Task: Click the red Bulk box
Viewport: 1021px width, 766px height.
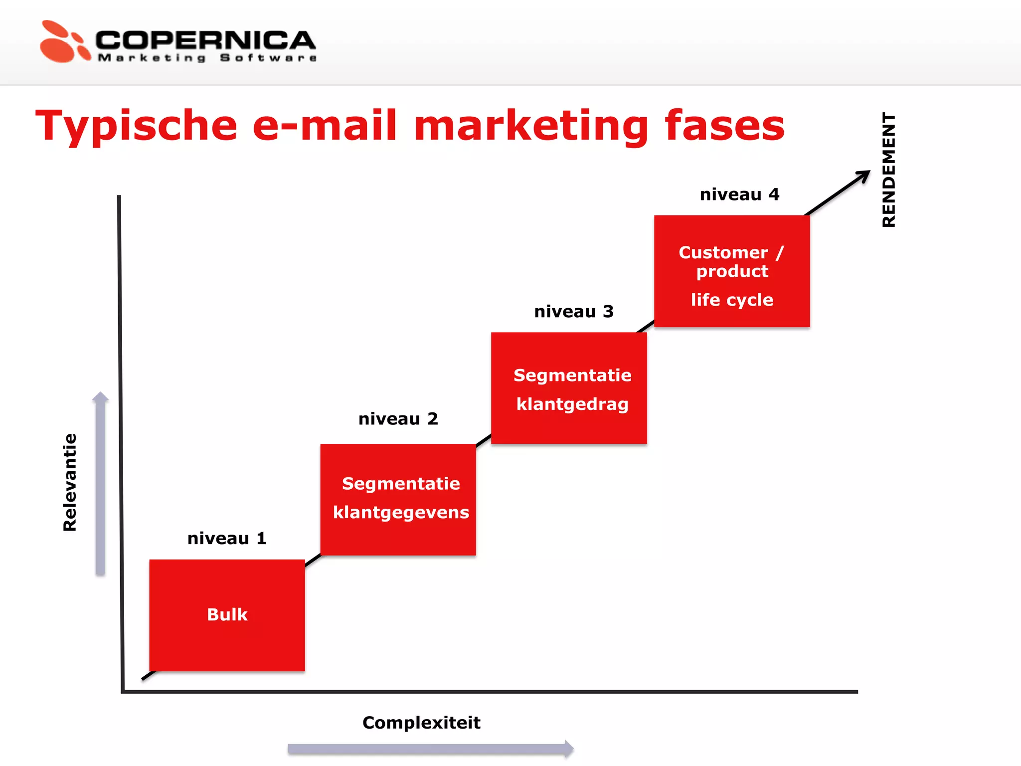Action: click(x=227, y=615)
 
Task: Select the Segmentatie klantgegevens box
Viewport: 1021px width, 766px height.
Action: click(x=398, y=499)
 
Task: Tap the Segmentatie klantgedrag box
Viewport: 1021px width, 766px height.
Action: click(x=569, y=388)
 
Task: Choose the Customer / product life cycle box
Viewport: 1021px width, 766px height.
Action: click(x=732, y=271)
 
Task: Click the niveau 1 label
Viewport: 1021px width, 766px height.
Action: click(x=227, y=539)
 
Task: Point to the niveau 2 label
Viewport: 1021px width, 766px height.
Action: click(x=398, y=419)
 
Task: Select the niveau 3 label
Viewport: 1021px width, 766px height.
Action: click(x=574, y=312)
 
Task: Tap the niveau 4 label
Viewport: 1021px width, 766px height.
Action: click(x=739, y=194)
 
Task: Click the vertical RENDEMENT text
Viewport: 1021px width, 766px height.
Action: click(x=888, y=170)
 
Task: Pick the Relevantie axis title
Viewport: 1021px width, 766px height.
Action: click(x=70, y=482)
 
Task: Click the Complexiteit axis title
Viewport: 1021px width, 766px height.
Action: click(x=421, y=723)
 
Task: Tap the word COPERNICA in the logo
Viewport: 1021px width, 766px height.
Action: click(x=205, y=40)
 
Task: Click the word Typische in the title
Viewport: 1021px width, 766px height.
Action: click(x=136, y=126)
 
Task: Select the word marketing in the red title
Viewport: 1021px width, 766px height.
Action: click(x=531, y=126)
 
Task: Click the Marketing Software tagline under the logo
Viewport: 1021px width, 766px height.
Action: click(x=207, y=58)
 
